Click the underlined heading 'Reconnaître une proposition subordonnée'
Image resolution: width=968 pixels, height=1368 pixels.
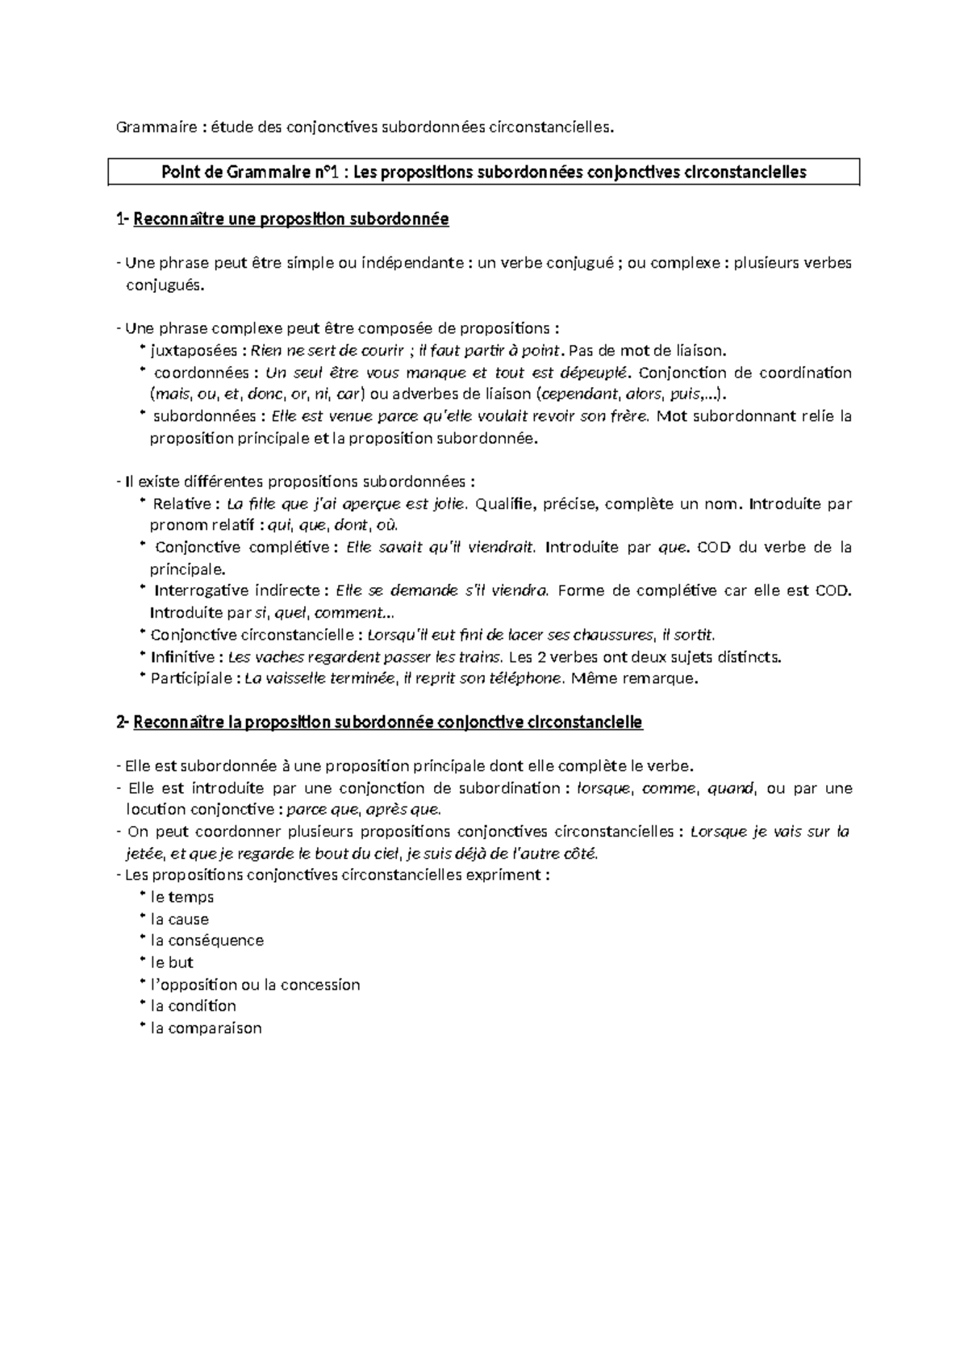coord(290,219)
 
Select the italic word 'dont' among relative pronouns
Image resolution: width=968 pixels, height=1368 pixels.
coord(353,526)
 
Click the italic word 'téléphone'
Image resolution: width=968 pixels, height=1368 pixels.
coord(530,678)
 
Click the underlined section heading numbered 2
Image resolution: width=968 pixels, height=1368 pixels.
coord(387,722)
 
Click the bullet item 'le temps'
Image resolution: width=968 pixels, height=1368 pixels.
coord(182,897)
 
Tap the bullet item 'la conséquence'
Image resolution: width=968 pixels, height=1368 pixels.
coord(207,940)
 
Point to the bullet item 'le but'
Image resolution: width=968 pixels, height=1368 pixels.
coord(172,962)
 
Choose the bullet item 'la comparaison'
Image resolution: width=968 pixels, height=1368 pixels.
coord(206,1028)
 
